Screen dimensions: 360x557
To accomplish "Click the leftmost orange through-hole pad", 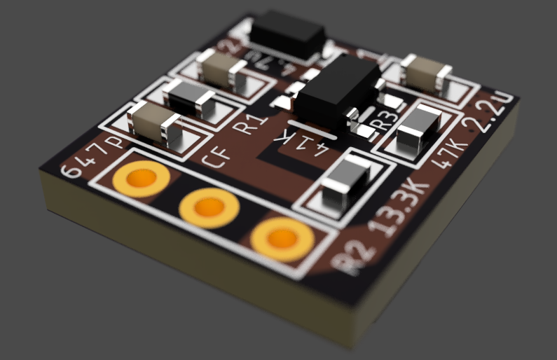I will click(x=141, y=180).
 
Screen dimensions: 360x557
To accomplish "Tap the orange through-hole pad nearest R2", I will click(x=282, y=238).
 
